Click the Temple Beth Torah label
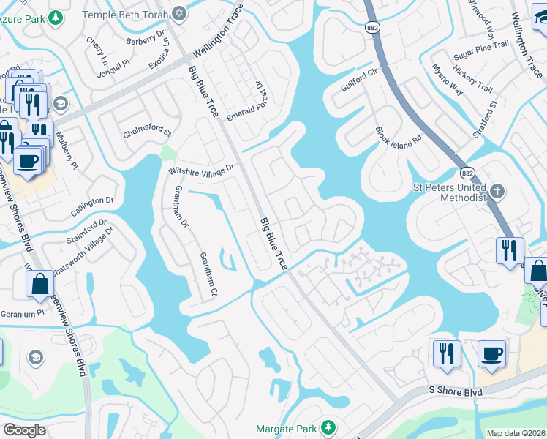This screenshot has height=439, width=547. pyautogui.click(x=124, y=15)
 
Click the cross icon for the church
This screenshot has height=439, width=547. pyautogui.click(x=497, y=192)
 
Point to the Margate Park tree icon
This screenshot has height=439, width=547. pyautogui.click(x=328, y=427)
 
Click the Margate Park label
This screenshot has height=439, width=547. pyautogui.click(x=287, y=428)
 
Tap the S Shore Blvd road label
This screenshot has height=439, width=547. pyautogui.click(x=454, y=393)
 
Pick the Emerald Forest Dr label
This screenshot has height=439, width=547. pyautogui.click(x=249, y=102)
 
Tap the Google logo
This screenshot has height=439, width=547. pyautogui.click(x=25, y=430)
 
